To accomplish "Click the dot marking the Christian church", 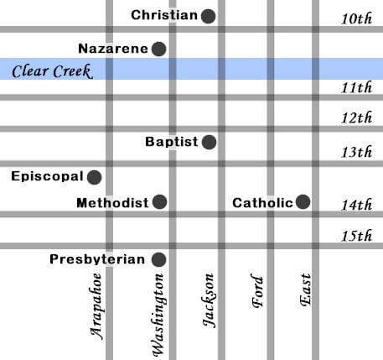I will tap(208, 15).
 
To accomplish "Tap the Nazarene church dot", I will tap(158, 49).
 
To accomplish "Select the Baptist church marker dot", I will tap(209, 142).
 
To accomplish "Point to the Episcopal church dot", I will tap(95, 177).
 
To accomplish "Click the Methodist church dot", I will tap(159, 202).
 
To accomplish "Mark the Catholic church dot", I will tap(303, 201).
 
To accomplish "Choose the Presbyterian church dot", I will tap(158, 259).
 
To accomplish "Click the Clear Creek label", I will tap(51, 70).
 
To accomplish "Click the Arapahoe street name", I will tap(98, 305).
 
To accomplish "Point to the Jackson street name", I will tap(210, 300).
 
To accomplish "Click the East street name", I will tap(305, 291).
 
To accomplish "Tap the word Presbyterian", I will tap(97, 259).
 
